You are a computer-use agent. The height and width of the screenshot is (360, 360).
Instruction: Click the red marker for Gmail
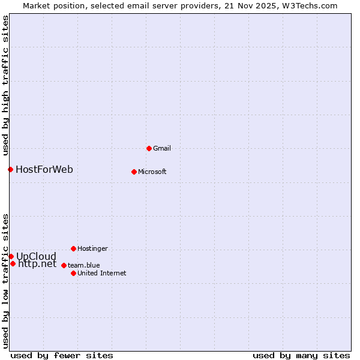149,148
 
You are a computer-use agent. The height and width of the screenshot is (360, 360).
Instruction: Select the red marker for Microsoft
134,172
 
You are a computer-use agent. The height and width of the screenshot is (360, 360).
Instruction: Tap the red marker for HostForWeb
10,169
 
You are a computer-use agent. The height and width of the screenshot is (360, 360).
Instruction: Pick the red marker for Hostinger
73,248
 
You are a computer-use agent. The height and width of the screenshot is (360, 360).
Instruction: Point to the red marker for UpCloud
11,256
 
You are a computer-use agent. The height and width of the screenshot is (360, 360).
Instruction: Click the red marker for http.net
13,263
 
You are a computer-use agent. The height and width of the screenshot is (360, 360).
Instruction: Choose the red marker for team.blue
64,265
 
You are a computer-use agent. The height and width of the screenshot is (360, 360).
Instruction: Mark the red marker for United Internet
73,273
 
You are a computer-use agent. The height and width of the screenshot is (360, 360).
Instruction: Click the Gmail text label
163,148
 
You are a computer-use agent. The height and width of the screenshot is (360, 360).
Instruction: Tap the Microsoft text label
152,172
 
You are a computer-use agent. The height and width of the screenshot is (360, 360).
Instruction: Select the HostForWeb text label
44,169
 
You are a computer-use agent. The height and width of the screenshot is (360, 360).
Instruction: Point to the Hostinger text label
92,248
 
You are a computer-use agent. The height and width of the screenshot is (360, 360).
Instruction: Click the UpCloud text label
36,256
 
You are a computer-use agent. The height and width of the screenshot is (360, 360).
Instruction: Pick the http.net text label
37,263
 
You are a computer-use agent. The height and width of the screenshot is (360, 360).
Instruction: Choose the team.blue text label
84,265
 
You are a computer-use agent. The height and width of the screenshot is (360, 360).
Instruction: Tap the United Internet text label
102,273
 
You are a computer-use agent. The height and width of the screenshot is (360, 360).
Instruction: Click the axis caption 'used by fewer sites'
62,355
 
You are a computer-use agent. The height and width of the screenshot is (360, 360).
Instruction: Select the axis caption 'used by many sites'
301,355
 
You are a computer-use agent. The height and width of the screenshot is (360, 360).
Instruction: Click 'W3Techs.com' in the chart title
310,5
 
